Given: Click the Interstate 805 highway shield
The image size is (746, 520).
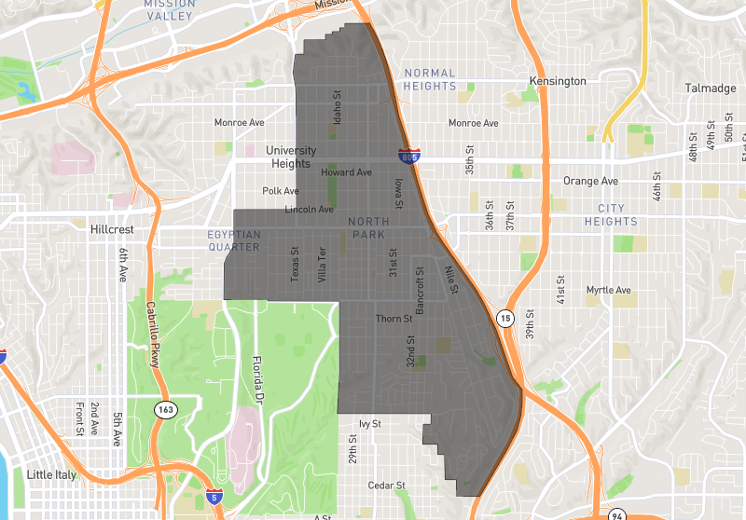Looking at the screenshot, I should coord(408,157).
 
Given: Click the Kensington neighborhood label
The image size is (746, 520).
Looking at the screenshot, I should coord(558,81).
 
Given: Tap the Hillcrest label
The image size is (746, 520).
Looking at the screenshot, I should coord(114,228).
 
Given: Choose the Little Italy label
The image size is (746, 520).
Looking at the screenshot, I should coord(53,474).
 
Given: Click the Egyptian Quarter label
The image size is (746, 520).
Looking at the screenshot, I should coord(234,241).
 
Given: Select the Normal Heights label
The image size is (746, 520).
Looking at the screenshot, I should coord(430,79).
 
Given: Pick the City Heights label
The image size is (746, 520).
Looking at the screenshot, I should coord(611,215).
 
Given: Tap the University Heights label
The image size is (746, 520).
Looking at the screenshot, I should coord(291,157).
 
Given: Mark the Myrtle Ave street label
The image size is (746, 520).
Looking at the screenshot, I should coord(609,290).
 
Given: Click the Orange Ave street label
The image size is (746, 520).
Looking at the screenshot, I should coord(590,181).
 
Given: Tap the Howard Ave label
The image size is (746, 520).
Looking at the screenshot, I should coord(346,172).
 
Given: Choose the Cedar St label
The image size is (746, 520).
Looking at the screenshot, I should coord(386,486).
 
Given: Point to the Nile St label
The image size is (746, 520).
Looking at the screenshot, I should coord(451,281).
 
